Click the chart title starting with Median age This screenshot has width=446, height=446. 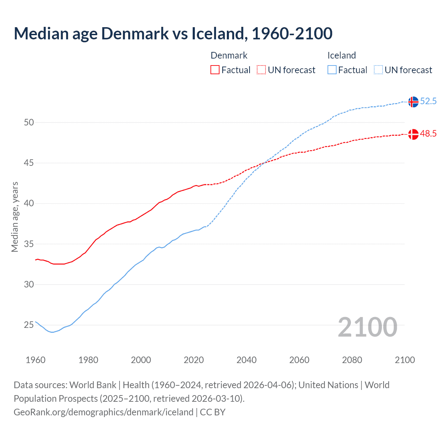tap(173, 33)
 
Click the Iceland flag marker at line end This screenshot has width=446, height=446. tap(413, 102)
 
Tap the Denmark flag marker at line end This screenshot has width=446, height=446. tap(413, 134)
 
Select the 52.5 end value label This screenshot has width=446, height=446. tap(428, 101)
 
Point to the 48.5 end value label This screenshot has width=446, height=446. tap(428, 134)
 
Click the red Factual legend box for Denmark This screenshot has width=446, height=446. tap(215, 70)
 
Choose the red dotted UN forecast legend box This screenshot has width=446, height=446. tap(261, 70)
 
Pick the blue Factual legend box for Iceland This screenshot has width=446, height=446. tap(332, 70)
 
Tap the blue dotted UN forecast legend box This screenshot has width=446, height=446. tap(378, 70)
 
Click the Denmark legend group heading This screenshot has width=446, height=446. tap(229, 55)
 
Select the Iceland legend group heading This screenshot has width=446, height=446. tap(341, 55)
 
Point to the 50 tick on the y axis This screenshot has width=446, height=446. tap(29, 122)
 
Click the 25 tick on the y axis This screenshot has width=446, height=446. tap(29, 325)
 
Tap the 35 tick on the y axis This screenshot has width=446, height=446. tap(29, 244)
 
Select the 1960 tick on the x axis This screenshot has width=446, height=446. tap(36, 360)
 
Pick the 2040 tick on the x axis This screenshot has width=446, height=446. tap(246, 360)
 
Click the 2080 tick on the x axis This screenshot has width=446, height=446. tap(352, 360)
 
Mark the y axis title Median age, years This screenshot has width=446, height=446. tap(15, 217)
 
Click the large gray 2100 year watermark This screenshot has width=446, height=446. tap(367, 327)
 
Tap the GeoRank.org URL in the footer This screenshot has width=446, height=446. tap(103, 412)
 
